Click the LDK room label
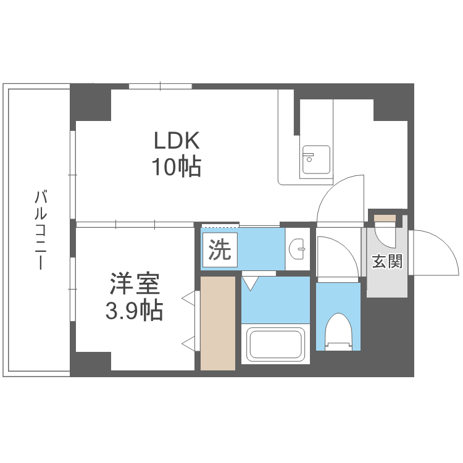point(177,141)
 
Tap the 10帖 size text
point(177,166)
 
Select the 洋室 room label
point(135,285)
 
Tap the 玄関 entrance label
point(387,261)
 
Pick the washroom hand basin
point(298,250)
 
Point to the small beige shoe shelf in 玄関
point(384,218)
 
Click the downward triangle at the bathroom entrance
point(250,283)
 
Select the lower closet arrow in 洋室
point(188,343)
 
